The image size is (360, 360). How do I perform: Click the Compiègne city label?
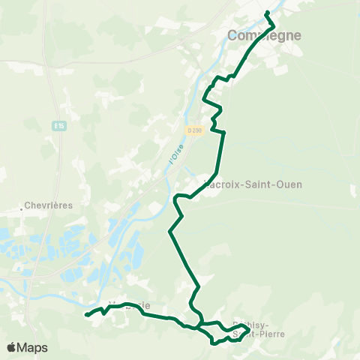tap(264, 35)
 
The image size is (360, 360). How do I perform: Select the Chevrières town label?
tap(47, 204)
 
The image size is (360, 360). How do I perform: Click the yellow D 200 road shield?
tap(195, 130)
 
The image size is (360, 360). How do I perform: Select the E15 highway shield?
tap(60, 126)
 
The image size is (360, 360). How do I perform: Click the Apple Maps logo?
tap(27, 347)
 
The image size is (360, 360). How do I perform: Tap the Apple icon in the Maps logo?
tap(11, 347)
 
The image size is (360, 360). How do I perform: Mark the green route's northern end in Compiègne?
tap(267, 12)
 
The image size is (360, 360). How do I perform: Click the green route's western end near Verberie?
tap(86, 315)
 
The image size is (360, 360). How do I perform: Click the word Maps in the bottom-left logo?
tap(33, 347)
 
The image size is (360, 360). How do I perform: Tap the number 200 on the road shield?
tap(197, 130)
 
